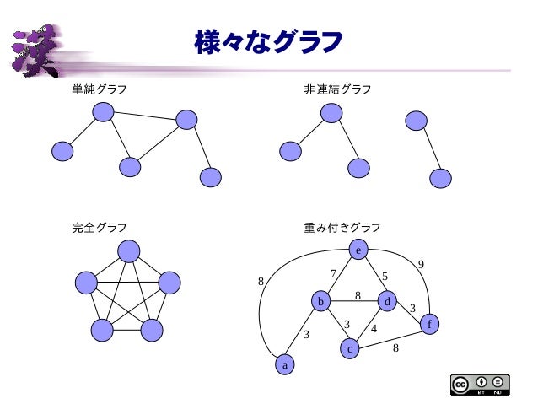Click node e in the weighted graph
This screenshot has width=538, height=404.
coord(358,250)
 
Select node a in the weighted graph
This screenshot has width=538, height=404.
coord(286,365)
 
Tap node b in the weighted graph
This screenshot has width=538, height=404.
coord(320,301)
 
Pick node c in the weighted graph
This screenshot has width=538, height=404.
coord(351,347)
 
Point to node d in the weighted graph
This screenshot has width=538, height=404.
coord(387,301)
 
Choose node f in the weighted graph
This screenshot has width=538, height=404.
coord(430,324)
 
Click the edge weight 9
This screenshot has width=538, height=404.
coord(421,265)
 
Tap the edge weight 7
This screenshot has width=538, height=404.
coord(333,273)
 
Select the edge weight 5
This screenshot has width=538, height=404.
coord(385,276)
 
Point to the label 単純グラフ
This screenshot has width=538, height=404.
coord(100,89)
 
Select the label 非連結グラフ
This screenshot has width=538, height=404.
coord(337,89)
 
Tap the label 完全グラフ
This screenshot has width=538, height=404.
coord(100,228)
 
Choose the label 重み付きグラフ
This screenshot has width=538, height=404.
coord(342,228)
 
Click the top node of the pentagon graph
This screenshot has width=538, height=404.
coord(128,251)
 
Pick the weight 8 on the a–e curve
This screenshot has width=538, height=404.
coord(261,281)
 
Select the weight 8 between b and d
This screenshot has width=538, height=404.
coord(358,295)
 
